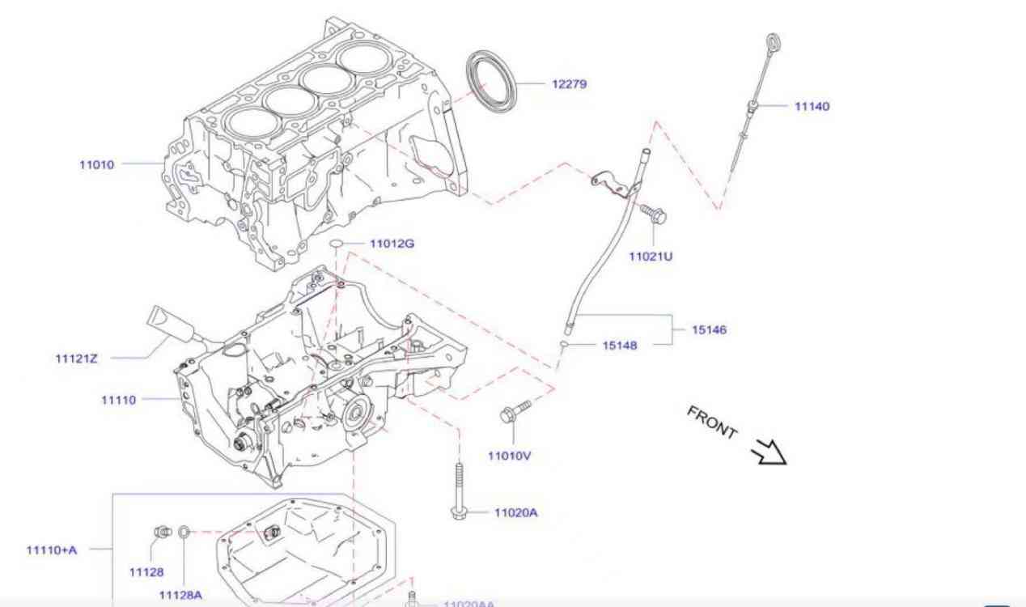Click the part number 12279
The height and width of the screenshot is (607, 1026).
[569, 83]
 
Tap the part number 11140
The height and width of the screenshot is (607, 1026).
[812, 106]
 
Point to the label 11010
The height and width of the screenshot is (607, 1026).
[96, 164]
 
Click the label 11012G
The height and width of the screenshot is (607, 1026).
[392, 243]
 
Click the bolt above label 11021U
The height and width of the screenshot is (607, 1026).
[652, 214]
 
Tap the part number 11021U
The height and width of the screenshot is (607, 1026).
[651, 257]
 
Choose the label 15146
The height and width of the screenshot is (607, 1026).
[709, 329]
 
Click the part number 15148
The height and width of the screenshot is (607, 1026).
[619, 345]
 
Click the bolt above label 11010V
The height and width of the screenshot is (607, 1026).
[514, 411]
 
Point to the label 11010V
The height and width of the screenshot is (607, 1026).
[509, 456]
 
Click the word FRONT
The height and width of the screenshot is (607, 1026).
[712, 422]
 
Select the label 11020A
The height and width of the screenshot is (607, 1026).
[515, 512]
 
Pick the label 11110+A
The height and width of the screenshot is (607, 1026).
[52, 550]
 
